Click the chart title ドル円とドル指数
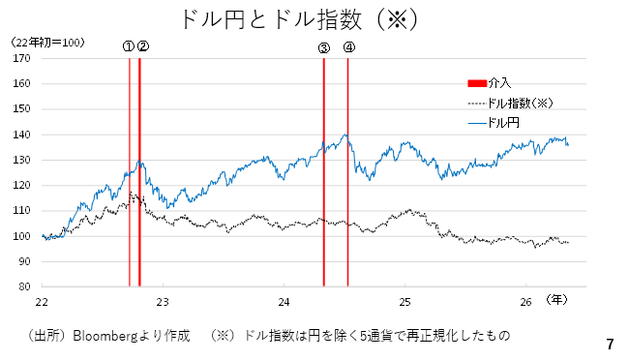(x=272, y=19)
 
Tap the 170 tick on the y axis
(x=21, y=58)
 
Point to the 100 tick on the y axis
(x=21, y=236)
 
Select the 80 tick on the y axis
(x=24, y=286)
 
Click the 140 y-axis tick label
(x=21, y=135)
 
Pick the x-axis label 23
(x=163, y=302)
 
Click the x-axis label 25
(x=404, y=302)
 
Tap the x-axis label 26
(x=525, y=302)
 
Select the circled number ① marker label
(x=129, y=46)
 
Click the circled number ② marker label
(x=143, y=46)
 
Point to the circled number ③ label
(x=324, y=48)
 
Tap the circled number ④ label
(x=349, y=47)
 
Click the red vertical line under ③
(x=324, y=172)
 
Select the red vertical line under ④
(x=347, y=172)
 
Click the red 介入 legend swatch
(x=477, y=83)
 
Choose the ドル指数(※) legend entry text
(x=521, y=104)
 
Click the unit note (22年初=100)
(x=47, y=43)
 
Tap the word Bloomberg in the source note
(x=105, y=336)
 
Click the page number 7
(x=611, y=344)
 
